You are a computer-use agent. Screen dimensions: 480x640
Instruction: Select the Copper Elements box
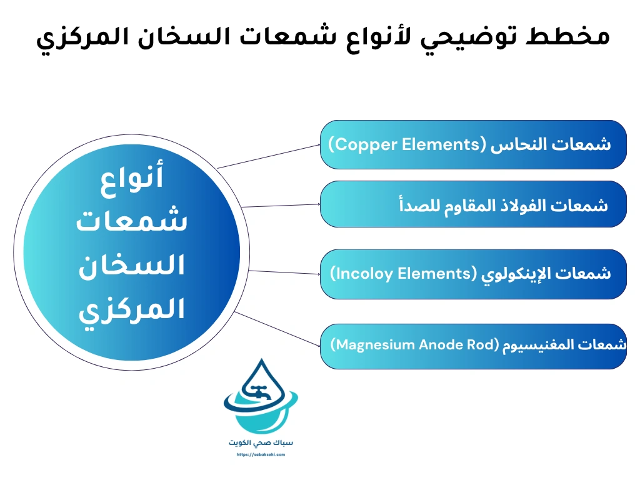[x=473, y=145]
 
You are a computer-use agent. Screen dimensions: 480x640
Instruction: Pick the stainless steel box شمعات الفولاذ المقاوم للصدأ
[x=473, y=204]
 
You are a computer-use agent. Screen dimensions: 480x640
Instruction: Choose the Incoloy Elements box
[x=473, y=274]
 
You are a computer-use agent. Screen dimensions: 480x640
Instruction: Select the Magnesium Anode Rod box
[x=473, y=346]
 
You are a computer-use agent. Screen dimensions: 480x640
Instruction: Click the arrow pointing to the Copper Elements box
[x=269, y=157]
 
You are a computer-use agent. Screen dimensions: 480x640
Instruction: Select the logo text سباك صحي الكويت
[x=261, y=442]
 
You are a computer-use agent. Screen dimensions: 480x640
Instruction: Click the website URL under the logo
[x=261, y=455]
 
